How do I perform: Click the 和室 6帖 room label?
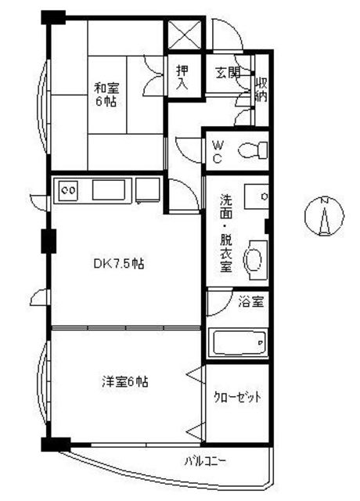106,95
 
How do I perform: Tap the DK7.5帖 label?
119,265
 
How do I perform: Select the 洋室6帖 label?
125,382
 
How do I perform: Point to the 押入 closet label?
183,77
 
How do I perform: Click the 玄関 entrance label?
228,73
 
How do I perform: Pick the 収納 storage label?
261,89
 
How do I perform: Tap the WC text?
218,153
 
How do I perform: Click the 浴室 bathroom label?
251,301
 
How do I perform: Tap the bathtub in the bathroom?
239,343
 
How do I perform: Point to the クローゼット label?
237,397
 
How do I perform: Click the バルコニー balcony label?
206,461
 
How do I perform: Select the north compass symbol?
325,217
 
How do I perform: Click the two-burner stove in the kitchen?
69,191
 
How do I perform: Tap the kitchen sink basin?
109,190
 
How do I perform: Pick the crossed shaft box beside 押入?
185,34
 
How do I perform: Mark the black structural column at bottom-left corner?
56,445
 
